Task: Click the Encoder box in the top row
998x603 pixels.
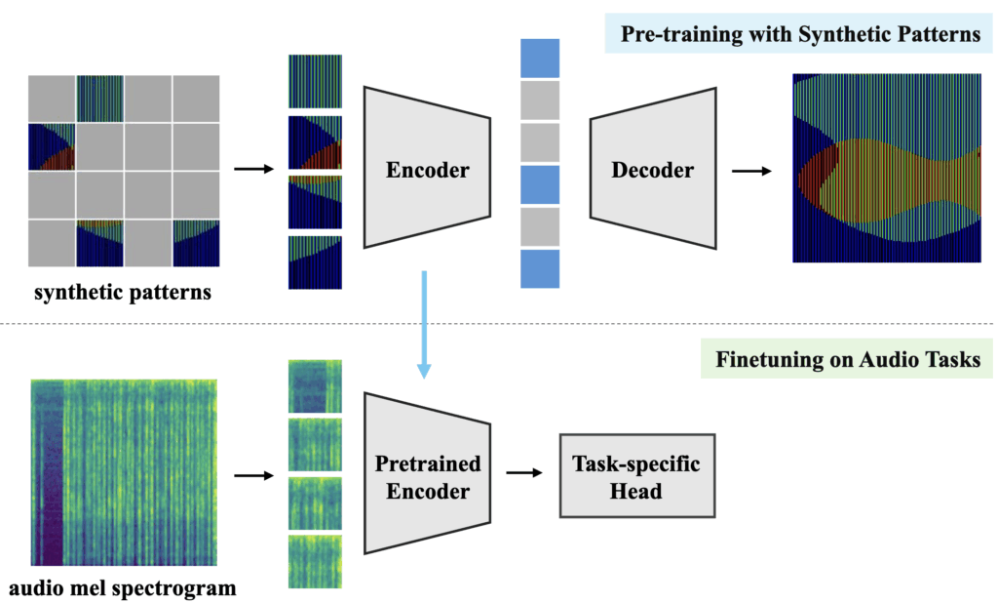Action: point(427,170)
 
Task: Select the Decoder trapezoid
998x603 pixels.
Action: point(652,170)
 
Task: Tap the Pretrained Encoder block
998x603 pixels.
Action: point(427,476)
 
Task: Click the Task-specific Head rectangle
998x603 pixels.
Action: point(636,476)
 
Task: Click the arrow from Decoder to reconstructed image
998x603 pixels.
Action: point(751,171)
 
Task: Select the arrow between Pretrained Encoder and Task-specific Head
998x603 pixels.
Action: point(524,474)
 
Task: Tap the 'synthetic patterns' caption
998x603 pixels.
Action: point(122,291)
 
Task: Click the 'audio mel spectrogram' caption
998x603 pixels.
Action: point(123,588)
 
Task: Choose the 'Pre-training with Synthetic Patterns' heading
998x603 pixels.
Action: point(796,35)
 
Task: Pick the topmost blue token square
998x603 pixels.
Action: point(541,58)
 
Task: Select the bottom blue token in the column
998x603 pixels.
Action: point(541,269)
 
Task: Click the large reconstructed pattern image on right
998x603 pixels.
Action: point(886,168)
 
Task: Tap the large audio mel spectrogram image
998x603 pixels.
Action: point(123,472)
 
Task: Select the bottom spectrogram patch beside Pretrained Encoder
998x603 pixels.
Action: point(315,560)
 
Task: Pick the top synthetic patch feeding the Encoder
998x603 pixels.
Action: point(315,81)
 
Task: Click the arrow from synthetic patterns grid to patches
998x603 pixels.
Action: point(255,170)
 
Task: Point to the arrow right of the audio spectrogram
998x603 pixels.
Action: point(255,476)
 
